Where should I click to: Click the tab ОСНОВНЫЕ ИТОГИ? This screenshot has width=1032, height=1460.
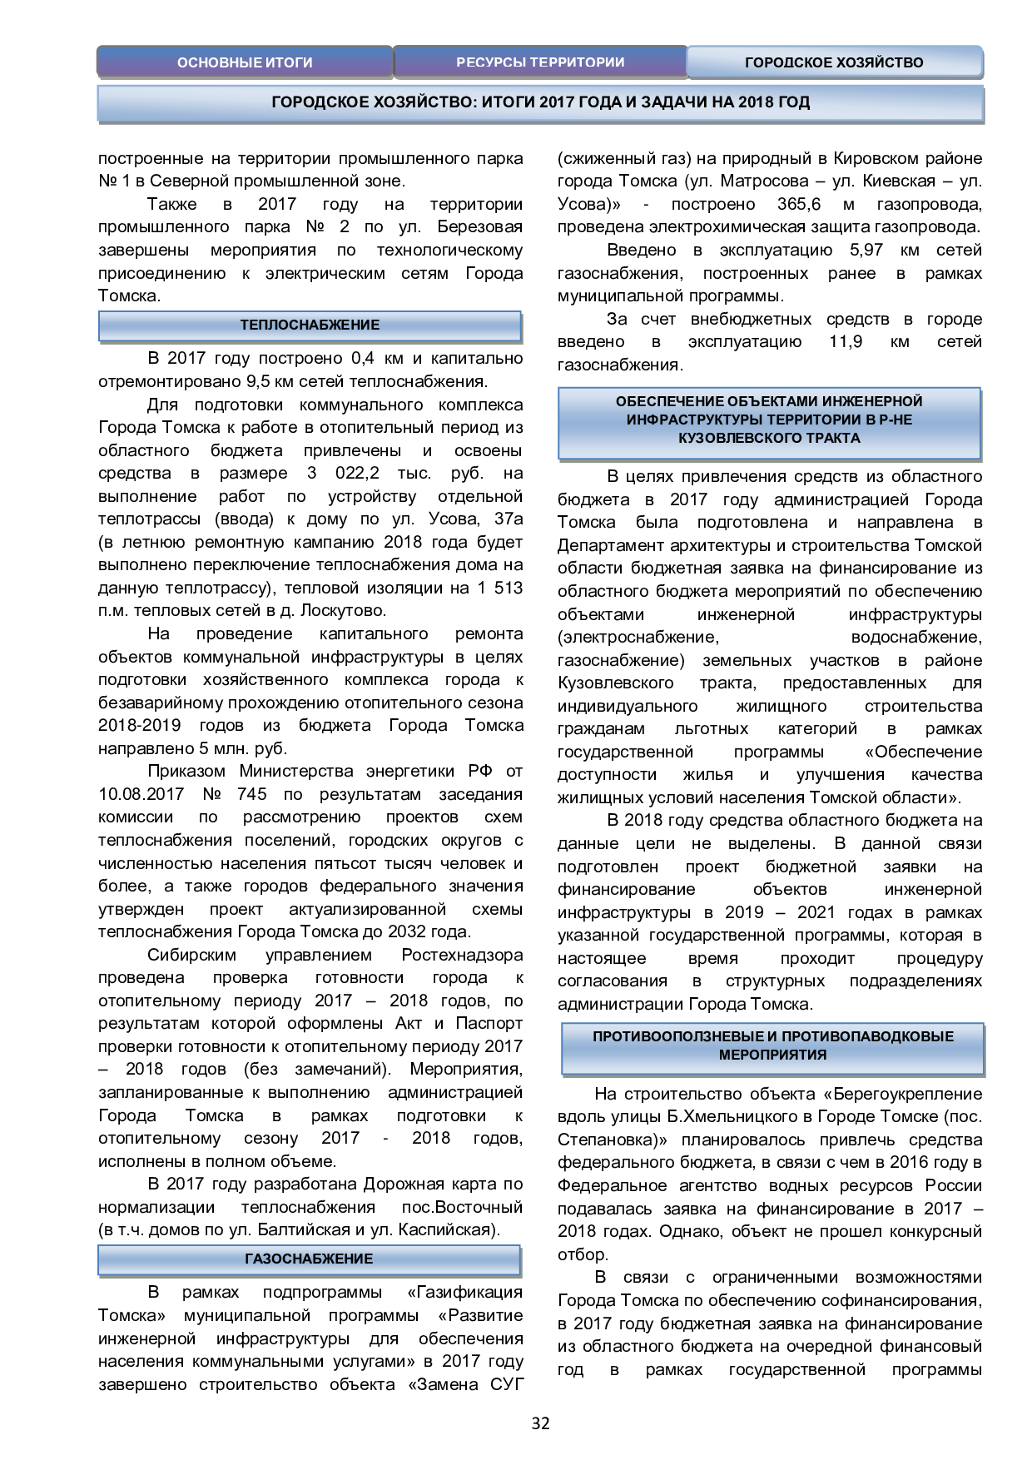pos(245,62)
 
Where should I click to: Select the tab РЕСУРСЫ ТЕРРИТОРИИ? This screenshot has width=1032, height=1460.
pos(540,62)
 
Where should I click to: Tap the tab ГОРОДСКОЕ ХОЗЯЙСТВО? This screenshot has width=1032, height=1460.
pos(834,62)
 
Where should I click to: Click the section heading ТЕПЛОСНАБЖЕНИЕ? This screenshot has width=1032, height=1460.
pos(310,325)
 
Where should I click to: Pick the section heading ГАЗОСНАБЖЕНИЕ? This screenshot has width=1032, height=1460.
pos(310,1259)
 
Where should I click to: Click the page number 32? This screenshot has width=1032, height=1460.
pos(540,1423)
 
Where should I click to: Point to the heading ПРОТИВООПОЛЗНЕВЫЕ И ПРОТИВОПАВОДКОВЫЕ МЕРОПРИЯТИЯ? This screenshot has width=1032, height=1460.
pos(773,1046)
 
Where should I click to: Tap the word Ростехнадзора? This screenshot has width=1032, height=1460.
pos(462,956)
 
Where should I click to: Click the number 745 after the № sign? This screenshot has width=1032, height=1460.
pos(252,795)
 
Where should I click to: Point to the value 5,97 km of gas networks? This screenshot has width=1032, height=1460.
pos(866,251)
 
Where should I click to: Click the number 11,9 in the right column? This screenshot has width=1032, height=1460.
pos(846,342)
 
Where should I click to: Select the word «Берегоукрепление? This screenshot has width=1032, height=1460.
pos(902,1095)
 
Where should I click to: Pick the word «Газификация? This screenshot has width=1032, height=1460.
pos(465,1293)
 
